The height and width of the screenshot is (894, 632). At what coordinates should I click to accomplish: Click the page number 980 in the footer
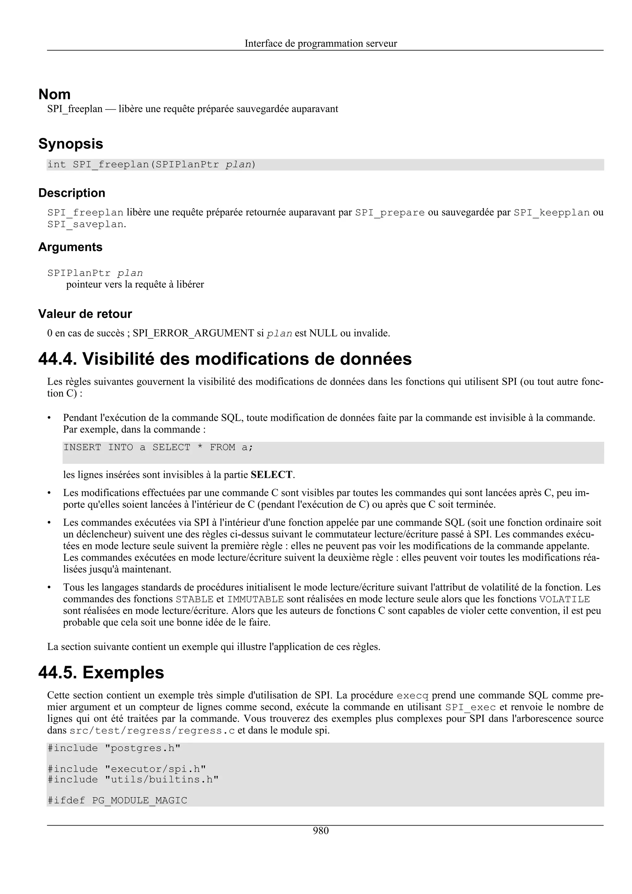pos(321,831)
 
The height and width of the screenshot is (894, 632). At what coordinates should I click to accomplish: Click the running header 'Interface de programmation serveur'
pos(321,43)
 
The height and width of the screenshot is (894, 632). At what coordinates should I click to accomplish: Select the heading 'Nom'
pos(55,95)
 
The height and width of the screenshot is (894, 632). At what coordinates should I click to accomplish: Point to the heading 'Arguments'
pos(70,247)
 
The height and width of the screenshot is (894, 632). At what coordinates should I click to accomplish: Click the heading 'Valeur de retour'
pos(85,313)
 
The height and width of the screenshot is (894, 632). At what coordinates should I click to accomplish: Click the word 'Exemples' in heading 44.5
pos(123,673)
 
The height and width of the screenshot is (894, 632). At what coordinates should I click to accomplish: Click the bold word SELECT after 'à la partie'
pos(272,475)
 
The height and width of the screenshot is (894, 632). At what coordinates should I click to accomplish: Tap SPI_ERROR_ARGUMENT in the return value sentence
pos(193,333)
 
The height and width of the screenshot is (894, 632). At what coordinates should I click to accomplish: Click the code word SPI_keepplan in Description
pos(551,213)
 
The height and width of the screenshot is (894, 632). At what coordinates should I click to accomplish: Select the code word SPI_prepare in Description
pos(390,213)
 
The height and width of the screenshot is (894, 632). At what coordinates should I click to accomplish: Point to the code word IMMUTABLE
pos(256,599)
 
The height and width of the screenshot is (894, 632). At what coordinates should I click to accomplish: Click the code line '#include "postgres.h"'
pos(114,748)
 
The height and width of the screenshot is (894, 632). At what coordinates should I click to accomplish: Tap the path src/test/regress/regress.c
pos(152,731)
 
